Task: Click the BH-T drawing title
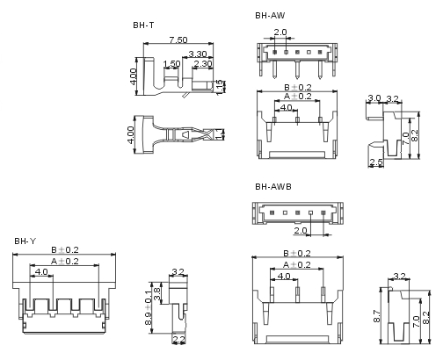point(143,25)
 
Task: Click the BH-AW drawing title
point(270,16)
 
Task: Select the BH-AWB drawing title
point(273,186)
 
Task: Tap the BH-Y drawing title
point(25,241)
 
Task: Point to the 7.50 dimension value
point(178,40)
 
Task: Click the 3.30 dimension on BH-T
point(198,54)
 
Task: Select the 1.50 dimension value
point(171,64)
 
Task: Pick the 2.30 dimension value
point(203,63)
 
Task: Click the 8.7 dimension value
point(377,316)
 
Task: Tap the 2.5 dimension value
point(376,162)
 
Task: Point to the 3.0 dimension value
point(374,98)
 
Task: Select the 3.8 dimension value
point(156,293)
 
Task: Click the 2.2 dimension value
point(179,339)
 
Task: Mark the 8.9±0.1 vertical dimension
point(149,307)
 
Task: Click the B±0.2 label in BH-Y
point(65,250)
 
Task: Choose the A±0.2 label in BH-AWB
point(297,265)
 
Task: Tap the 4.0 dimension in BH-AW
point(286,108)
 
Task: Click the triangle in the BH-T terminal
point(186,134)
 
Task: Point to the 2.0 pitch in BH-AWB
point(301,231)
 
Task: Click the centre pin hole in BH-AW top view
point(297,52)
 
